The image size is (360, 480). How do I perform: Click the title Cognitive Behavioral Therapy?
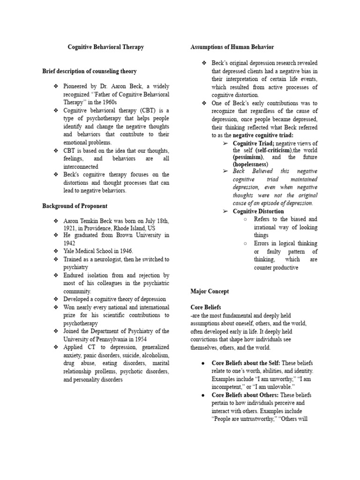pos(106,47)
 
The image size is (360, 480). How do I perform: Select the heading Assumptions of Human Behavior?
pos(232,47)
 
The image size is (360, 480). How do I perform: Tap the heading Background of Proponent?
pos(75,206)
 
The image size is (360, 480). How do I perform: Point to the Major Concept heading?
pos(210,291)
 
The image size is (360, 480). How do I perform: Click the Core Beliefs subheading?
pos(206,307)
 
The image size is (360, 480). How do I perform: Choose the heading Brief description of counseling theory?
pos(90,71)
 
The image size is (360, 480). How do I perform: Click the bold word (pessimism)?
pos(248,157)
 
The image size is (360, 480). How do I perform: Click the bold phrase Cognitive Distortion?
pos(258,211)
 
